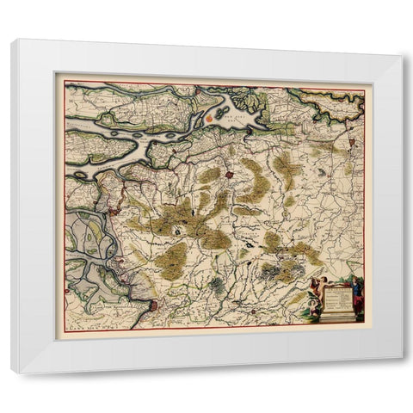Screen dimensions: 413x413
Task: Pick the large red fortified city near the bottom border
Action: click(153, 305)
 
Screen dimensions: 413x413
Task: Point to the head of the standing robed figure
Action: click(355, 280)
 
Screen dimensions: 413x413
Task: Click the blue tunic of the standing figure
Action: click(356, 291)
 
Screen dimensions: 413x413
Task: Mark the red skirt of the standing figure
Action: click(357, 306)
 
